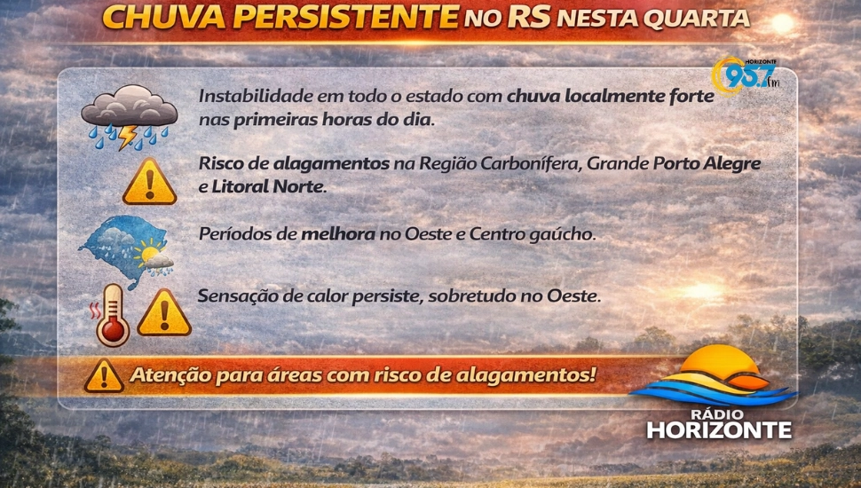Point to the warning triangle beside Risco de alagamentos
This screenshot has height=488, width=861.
pos(149,182)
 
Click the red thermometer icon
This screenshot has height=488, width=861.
pos(113,315)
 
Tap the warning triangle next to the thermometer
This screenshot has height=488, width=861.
pos(164,313)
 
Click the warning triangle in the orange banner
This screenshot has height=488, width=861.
pos(104,375)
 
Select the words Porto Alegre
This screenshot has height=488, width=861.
pos(707,164)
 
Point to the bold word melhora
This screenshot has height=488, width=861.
pos(333,235)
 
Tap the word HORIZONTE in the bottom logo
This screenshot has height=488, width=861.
pos(719,431)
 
